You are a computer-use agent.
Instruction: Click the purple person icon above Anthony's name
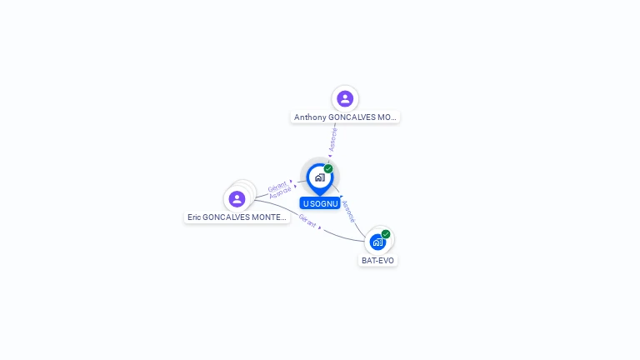coord(345,99)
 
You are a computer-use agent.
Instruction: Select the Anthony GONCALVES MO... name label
coord(345,117)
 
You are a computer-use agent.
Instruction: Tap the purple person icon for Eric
coord(237,199)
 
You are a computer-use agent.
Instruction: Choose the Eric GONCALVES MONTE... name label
coord(237,217)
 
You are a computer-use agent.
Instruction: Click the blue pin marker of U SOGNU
coord(319,178)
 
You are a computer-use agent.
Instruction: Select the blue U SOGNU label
coord(320,203)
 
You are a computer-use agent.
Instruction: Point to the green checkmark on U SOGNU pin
coord(328,169)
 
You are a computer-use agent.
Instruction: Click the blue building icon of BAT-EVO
coord(377,242)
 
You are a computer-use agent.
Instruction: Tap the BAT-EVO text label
coord(377,260)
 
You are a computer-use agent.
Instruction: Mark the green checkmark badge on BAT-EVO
coord(386,234)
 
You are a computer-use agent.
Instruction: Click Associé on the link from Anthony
coord(333,139)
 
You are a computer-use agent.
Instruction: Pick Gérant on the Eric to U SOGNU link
coord(277,186)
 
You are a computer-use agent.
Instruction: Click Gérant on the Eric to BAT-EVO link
coord(307,221)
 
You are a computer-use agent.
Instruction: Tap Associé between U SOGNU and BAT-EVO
coord(348,211)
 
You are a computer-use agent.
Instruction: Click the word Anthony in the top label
coord(310,117)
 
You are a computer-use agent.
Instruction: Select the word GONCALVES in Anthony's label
coord(352,117)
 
